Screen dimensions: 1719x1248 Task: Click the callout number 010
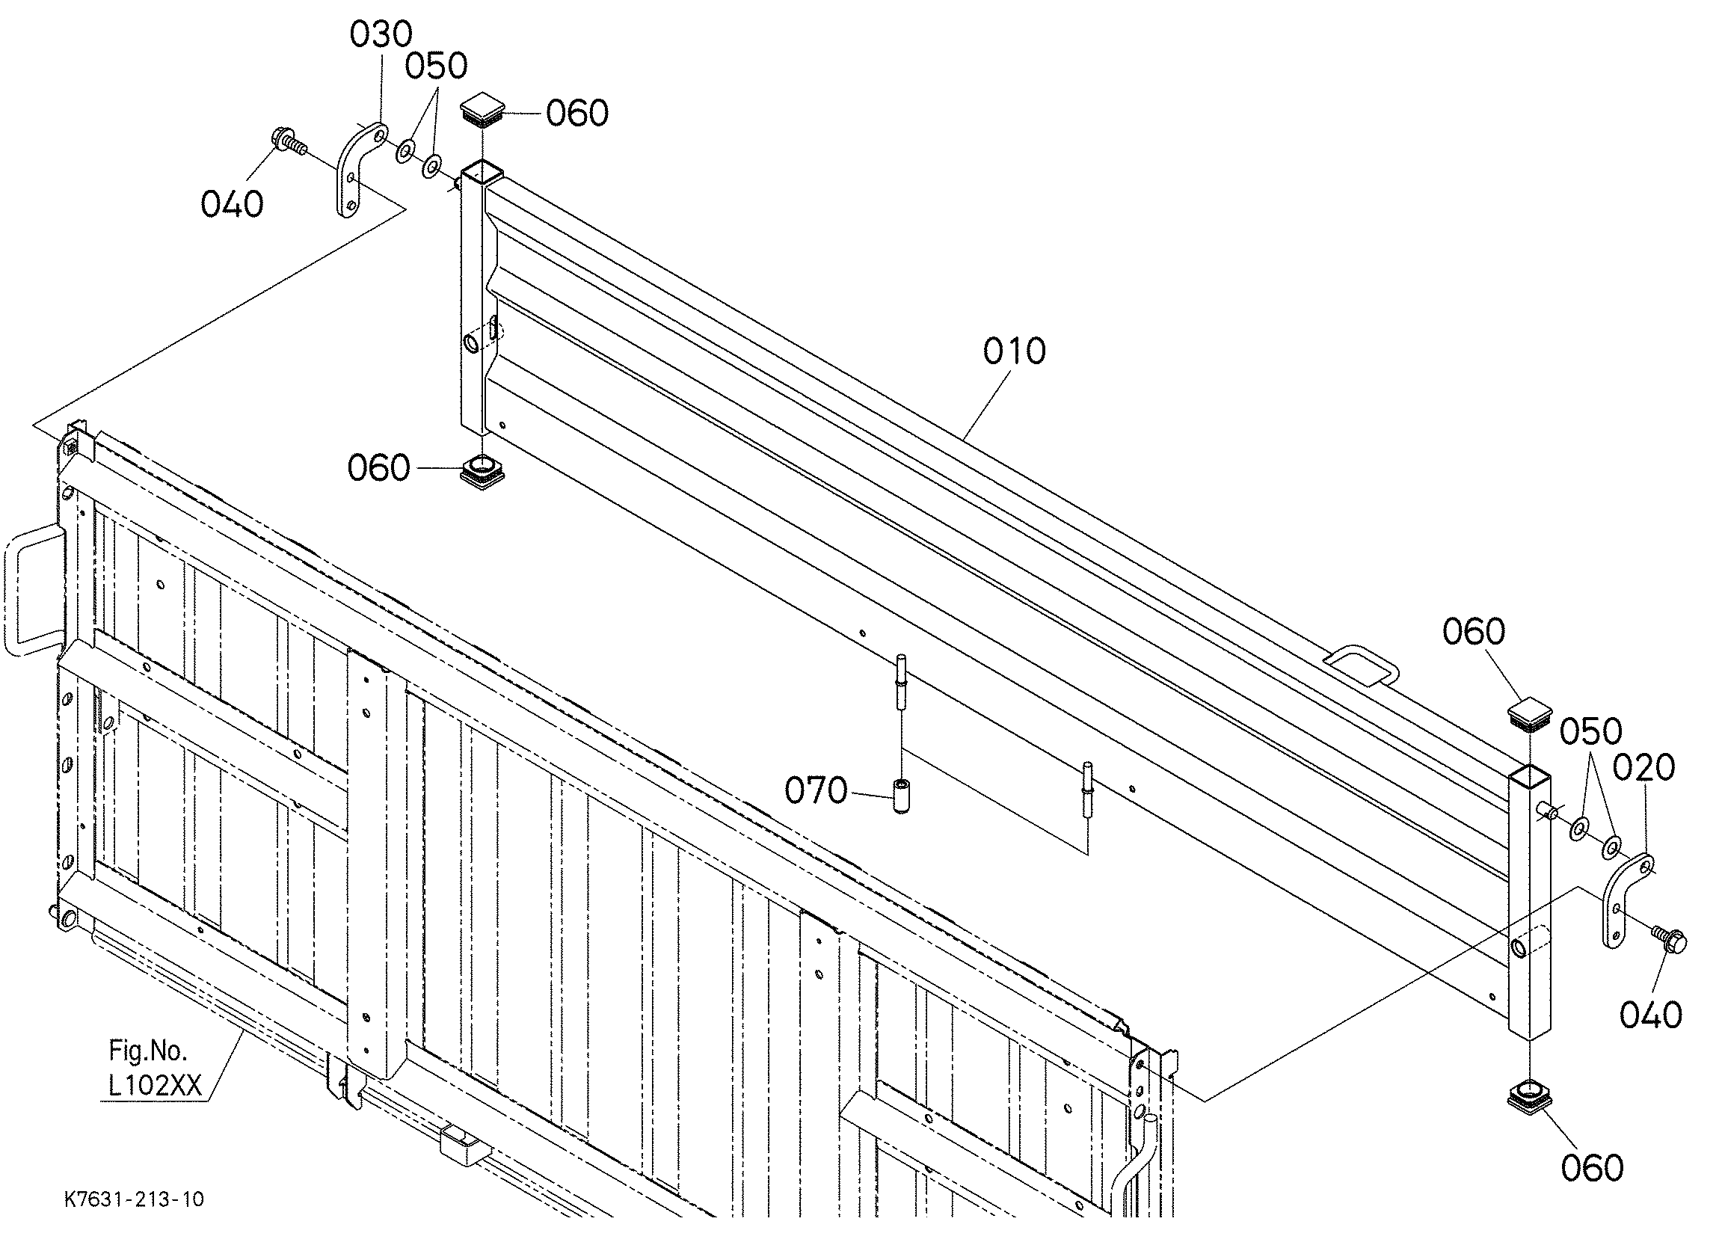click(x=1014, y=351)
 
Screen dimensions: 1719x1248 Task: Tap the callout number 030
click(x=381, y=35)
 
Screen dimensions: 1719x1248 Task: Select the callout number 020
click(x=1643, y=768)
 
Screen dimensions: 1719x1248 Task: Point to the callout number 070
click(x=816, y=791)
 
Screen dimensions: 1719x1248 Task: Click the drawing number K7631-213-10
click(x=134, y=1199)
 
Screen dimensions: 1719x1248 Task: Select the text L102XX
click(x=156, y=1086)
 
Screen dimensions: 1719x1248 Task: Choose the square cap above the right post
click(x=1529, y=714)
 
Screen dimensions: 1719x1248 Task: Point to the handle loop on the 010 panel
click(x=1362, y=663)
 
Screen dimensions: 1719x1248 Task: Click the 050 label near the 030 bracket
click(x=436, y=67)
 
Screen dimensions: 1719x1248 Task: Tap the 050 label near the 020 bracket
click(x=1591, y=731)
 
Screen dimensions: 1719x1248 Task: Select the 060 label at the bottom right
click(x=1593, y=1169)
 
